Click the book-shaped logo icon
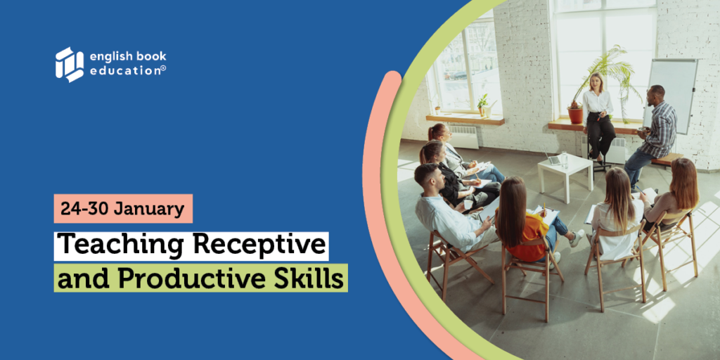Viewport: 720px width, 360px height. click(70, 65)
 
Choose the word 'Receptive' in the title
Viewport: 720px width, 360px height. click(259, 245)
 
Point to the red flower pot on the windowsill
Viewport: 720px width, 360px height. click(575, 115)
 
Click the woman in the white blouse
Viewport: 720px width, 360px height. click(598, 118)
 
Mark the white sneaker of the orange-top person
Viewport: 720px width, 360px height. click(577, 238)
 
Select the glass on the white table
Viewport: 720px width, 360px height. click(565, 160)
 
